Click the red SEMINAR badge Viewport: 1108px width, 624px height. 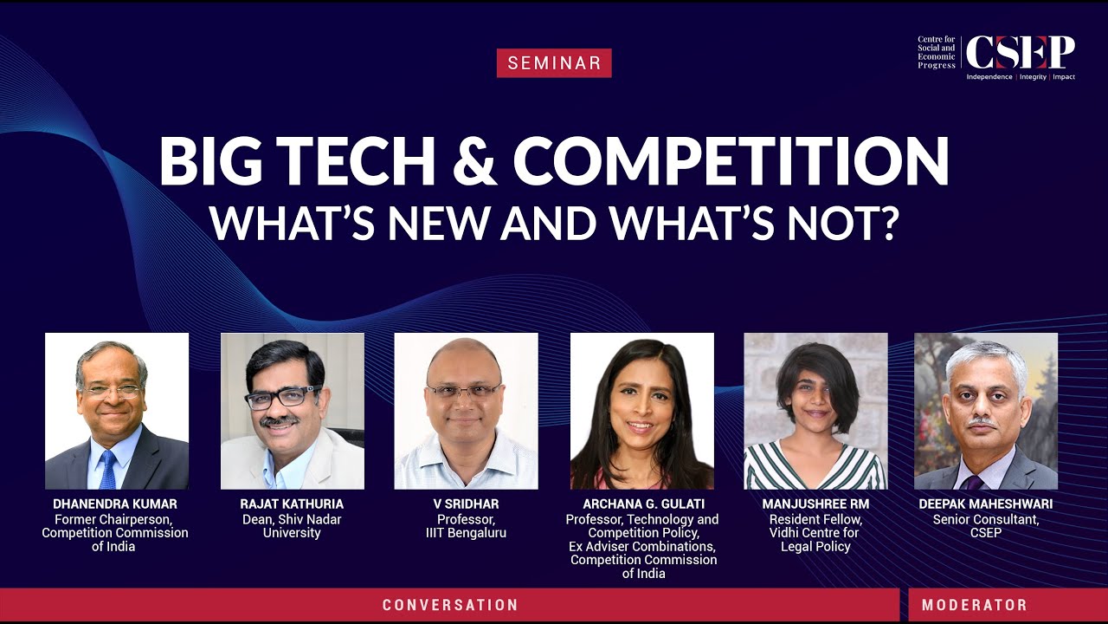pos(554,62)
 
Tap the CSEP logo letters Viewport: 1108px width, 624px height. pos(1020,54)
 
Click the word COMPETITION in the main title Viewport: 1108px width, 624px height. pos(731,161)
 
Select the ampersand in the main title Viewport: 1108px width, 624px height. pos(465,161)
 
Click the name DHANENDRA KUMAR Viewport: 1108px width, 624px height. pos(115,504)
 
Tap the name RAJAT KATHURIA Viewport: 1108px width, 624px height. pos(292,504)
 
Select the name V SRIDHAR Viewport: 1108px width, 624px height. pos(466,504)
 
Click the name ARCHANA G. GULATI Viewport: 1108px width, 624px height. pos(643,504)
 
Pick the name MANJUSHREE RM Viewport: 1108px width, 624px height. pos(815,504)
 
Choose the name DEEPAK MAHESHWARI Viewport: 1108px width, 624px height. pos(986,504)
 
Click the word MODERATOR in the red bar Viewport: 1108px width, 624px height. pos(974,605)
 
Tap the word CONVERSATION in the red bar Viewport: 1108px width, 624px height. pos(450,605)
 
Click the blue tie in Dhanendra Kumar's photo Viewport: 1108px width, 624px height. pos(107,471)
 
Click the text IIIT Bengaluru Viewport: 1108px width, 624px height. pos(466,533)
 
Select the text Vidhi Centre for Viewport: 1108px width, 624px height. pos(815,533)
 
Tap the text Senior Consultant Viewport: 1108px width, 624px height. pos(986,519)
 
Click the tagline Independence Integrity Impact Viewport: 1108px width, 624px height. pos(1021,77)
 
